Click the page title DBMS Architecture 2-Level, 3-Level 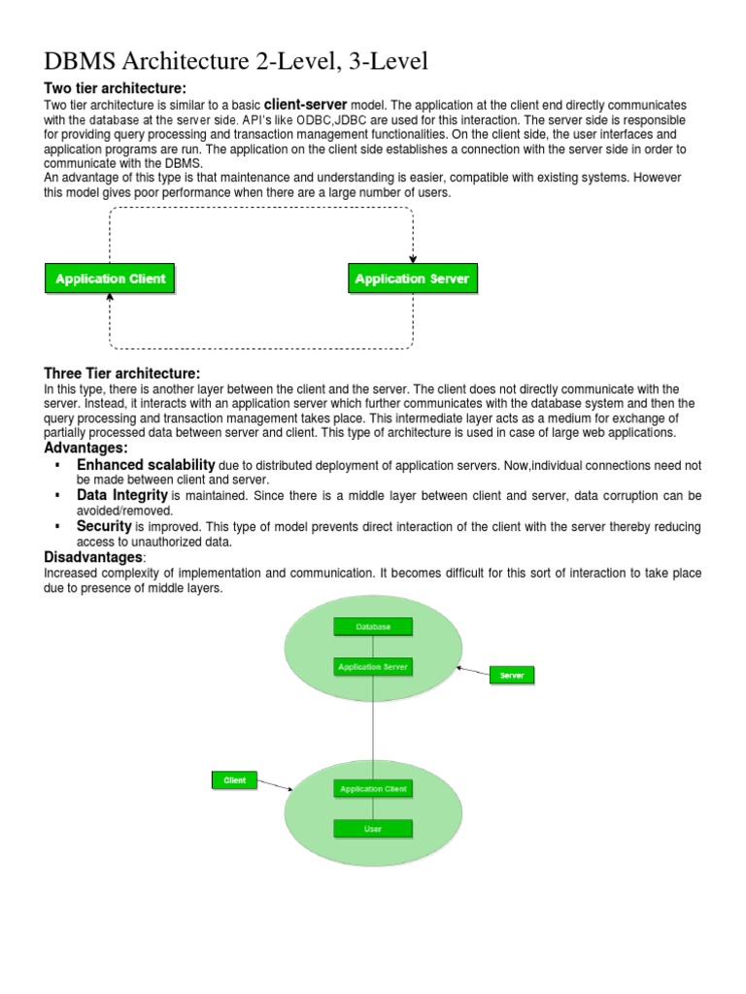[236, 62]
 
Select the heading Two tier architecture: [115, 89]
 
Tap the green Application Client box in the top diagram [111, 279]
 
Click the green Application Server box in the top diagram [412, 279]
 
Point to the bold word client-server [305, 104]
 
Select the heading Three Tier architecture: [122, 374]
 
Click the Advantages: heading [86, 447]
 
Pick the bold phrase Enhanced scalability [146, 465]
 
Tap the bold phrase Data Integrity [122, 495]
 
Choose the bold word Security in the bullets [104, 525]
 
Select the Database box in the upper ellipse [373, 627]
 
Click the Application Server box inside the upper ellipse [373, 667]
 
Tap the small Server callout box [511, 675]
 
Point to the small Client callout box [234, 779]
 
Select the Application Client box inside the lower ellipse [373, 789]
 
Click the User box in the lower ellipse [373, 829]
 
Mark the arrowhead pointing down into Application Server [413, 260]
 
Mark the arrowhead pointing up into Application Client [110, 297]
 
